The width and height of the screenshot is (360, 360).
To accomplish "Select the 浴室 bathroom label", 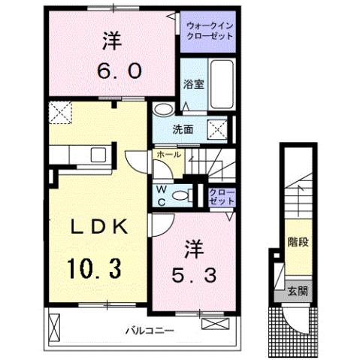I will [193, 84].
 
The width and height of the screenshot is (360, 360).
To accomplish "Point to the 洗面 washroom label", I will [184, 129].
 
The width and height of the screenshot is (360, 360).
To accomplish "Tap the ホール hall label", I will [168, 155].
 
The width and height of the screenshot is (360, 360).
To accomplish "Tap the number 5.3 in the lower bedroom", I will [192, 276].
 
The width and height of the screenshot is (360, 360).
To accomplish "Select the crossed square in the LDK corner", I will [59, 113].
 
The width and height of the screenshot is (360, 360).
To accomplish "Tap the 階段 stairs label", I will [298, 244].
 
